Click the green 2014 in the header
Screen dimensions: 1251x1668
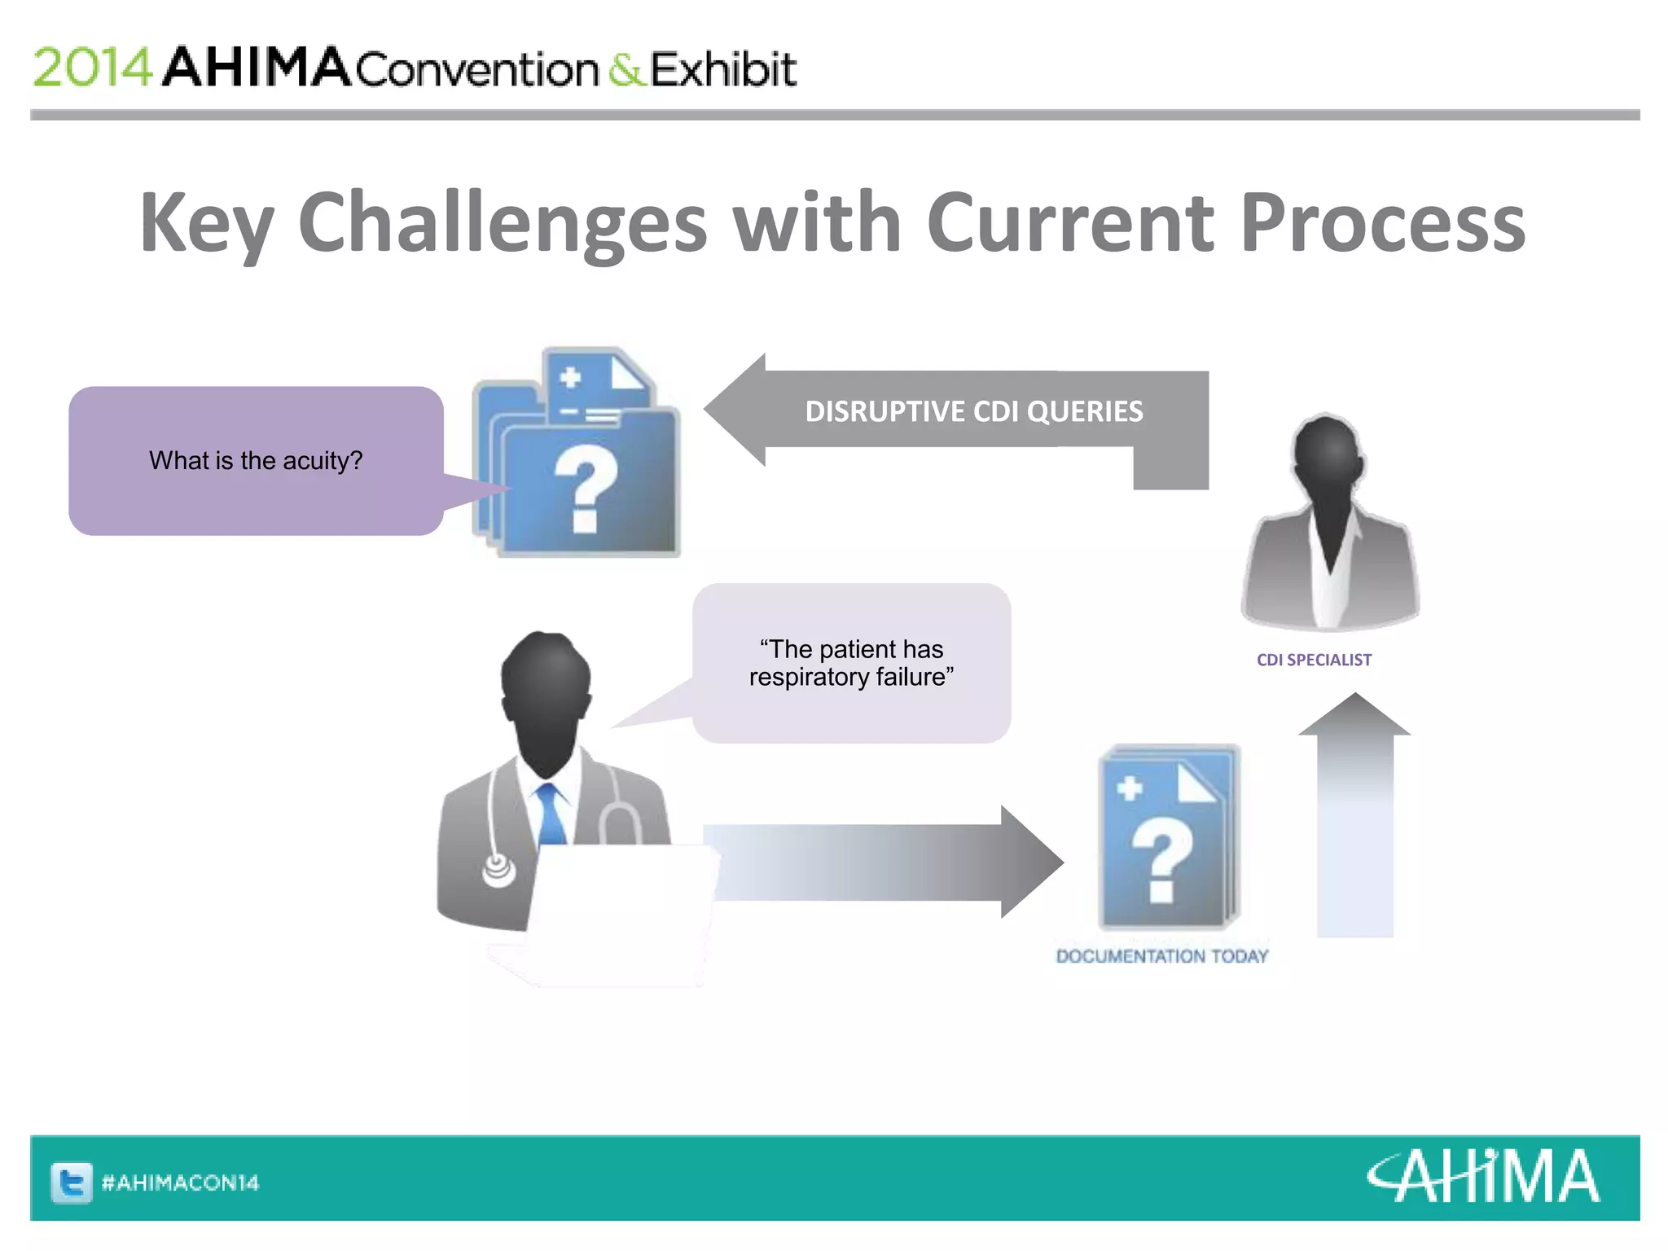pyautogui.click(x=92, y=68)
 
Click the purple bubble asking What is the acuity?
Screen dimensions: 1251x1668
pyautogui.click(x=256, y=461)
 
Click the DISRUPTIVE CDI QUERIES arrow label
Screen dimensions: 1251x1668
pyautogui.click(x=974, y=411)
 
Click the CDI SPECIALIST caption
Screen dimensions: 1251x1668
pyautogui.click(x=1314, y=660)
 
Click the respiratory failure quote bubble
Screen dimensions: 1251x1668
pyautogui.click(x=851, y=663)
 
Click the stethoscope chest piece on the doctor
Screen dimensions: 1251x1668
pyautogui.click(x=498, y=870)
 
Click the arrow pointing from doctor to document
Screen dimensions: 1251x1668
pyautogui.click(x=880, y=862)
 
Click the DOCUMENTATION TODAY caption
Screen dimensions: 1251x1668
pyautogui.click(x=1162, y=956)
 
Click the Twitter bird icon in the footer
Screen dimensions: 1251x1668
pyautogui.click(x=72, y=1183)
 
